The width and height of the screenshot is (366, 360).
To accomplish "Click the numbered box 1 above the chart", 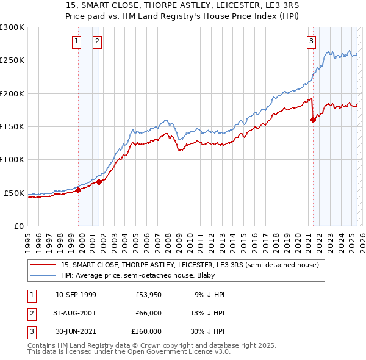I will (77, 41).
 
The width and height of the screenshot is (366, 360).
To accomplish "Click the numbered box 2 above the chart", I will (97, 41).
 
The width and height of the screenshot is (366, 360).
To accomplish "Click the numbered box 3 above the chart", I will (311, 41).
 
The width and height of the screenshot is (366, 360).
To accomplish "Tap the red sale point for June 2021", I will (314, 120).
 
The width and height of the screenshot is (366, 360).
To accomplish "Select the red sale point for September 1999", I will (78, 190).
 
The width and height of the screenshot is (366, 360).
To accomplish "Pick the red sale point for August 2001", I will (99, 182).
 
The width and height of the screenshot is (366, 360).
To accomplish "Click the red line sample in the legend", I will (44, 265).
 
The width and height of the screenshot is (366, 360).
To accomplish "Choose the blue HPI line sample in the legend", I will (44, 275).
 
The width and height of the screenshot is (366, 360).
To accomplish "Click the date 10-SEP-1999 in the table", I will (76, 295).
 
